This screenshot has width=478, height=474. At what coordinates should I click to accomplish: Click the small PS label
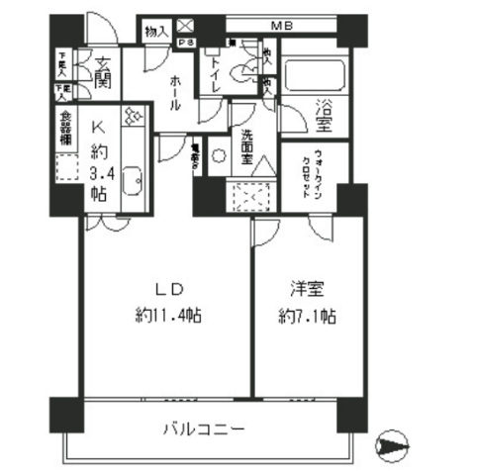[185, 43]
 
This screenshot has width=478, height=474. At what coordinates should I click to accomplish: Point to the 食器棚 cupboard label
[63, 129]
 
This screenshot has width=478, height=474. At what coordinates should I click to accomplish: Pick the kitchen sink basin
[135, 183]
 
